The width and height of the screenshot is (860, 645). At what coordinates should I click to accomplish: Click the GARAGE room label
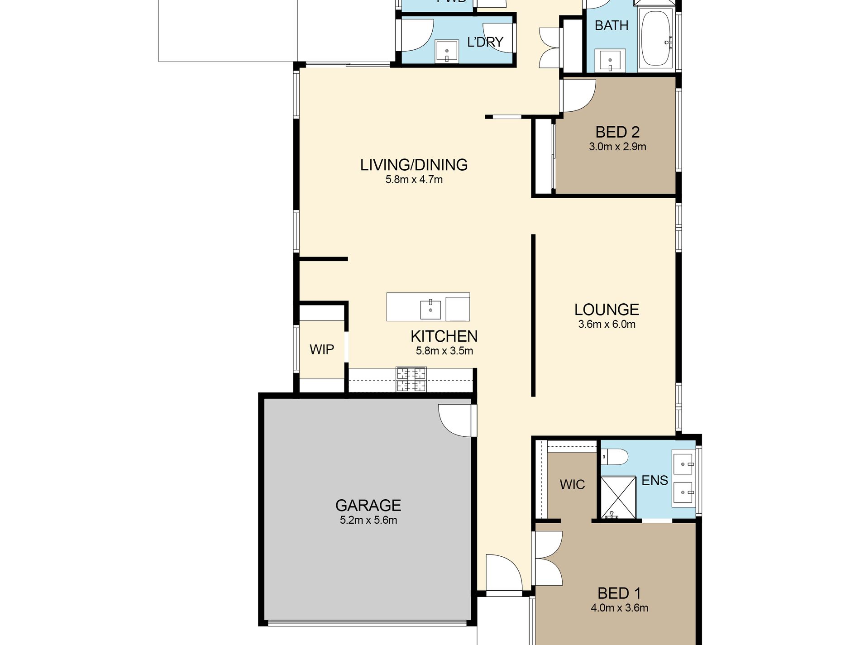368,505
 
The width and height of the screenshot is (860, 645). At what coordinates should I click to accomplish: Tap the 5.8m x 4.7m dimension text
414,180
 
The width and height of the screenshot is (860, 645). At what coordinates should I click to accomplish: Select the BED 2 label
617,132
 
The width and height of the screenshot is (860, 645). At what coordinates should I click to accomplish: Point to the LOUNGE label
607,310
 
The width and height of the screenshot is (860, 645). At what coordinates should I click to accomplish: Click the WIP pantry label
322,349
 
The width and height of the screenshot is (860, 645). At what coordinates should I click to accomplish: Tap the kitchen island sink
430,310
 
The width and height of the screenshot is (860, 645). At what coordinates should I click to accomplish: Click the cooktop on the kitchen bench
411,379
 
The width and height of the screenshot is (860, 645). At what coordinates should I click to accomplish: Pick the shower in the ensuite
618,497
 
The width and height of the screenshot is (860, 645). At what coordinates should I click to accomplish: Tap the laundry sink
447,51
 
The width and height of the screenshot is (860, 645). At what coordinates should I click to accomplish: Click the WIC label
572,485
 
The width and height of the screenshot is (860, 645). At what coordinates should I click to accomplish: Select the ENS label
655,480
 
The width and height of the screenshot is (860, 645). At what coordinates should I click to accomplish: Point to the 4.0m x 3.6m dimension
619,608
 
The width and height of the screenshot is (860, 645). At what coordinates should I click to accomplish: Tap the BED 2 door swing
578,96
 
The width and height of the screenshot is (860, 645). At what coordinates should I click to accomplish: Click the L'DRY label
485,42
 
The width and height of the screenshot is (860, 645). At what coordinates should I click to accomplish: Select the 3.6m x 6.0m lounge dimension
607,325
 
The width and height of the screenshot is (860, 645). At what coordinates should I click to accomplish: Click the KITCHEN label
444,336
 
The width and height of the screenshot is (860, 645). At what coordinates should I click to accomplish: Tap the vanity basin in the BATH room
611,60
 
